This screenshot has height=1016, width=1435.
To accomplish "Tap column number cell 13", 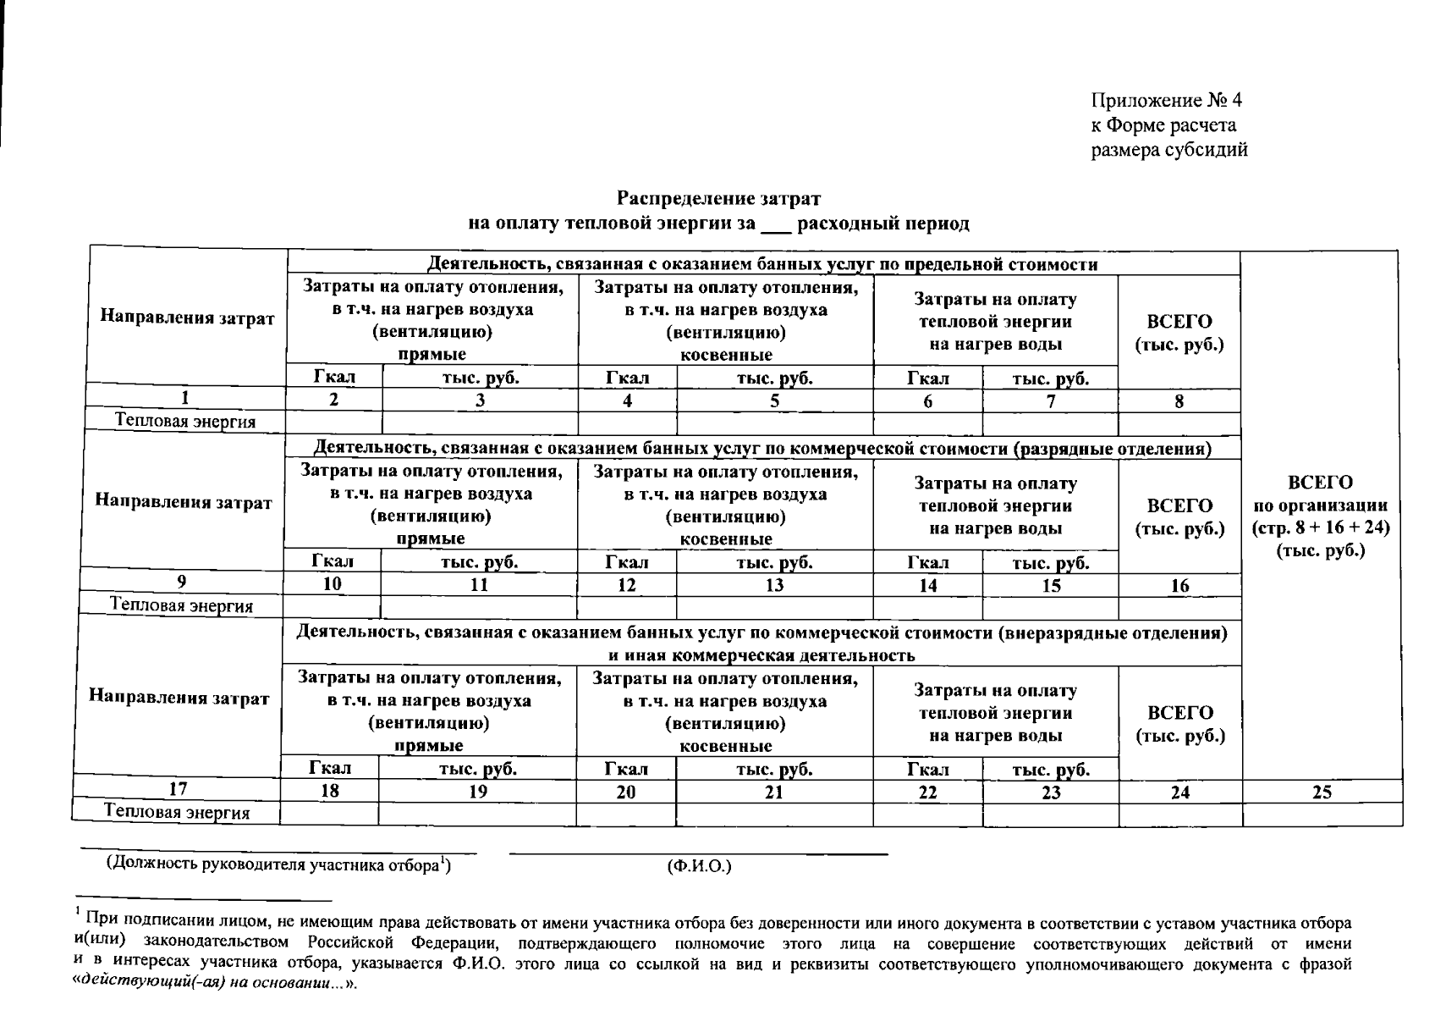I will pos(774,586).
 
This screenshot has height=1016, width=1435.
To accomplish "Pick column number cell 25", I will pos(1322,792).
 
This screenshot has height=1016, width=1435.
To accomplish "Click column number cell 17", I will pos(178,789).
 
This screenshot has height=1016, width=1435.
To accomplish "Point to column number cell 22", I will pos(927,792).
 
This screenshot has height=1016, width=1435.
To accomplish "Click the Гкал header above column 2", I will pos(334,378).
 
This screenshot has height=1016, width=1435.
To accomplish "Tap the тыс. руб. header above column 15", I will pos(1050,563).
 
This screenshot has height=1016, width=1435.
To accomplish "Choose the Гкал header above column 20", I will pos(626,770).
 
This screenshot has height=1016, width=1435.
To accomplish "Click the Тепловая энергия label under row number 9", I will pos(182,606).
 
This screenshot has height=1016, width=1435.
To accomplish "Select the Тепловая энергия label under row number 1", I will pos(185,422).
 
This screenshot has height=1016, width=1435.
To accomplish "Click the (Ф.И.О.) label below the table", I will pos(699,866).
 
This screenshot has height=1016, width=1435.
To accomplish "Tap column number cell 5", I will pos(774,401).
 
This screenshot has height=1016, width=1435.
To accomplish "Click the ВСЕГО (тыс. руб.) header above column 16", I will pos(1179,517).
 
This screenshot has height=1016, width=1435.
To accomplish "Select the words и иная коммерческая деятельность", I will pos(761,655).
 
